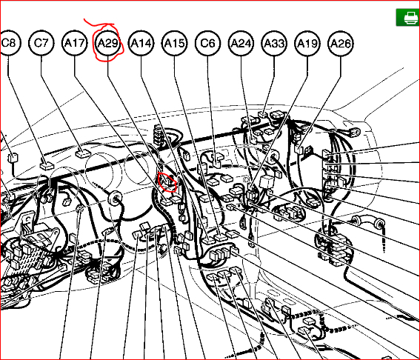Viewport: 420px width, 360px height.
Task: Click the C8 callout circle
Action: tap(10, 43)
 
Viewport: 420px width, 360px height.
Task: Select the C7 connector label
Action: tap(41, 43)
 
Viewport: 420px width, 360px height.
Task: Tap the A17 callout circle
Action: tap(75, 43)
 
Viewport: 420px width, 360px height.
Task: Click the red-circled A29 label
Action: tap(107, 43)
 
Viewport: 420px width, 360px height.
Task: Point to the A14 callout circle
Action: tap(141, 43)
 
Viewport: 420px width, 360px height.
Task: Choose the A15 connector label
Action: tap(175, 43)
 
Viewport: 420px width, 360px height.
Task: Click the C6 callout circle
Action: tap(208, 43)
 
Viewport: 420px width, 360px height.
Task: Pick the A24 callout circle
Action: tap(241, 44)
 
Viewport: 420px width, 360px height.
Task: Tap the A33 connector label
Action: tap(274, 44)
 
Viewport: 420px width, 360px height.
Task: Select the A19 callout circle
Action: tap(307, 44)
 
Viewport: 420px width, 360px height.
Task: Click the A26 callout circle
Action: tap(341, 44)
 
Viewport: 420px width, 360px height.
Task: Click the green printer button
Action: tap(408, 18)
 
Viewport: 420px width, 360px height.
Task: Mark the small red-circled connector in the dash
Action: tap(168, 182)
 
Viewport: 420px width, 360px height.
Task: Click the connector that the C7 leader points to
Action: tap(83, 153)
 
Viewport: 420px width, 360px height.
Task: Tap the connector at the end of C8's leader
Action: tap(47, 166)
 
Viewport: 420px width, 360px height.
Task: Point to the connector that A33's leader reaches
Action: tap(263, 114)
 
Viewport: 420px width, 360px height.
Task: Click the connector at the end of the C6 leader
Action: tap(217, 161)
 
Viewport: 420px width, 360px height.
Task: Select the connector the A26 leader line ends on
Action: tap(299, 149)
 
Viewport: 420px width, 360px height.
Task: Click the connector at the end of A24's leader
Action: tap(253, 140)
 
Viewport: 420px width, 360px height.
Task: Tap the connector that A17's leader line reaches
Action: tap(167, 201)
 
